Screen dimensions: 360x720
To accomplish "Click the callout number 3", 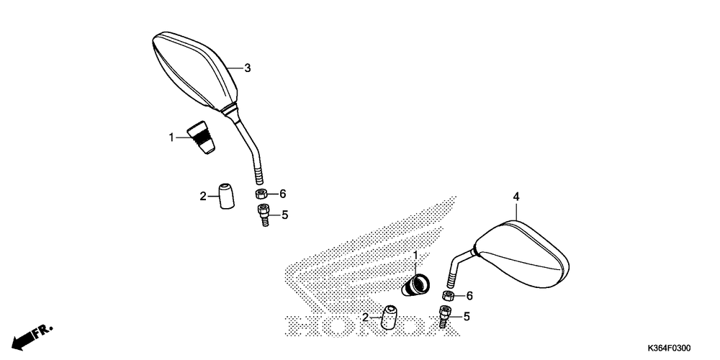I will pos(247,68).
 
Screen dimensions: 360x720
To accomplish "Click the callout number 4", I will pos(516,196).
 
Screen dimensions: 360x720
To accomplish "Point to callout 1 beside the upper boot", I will pos(172,137).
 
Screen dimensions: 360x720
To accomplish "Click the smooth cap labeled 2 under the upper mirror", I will pos(227,195).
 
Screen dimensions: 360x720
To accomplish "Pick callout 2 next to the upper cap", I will pos(204,195).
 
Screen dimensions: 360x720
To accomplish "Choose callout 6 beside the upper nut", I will pos(283,194).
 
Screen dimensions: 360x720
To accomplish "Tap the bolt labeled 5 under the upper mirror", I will pos(263,215).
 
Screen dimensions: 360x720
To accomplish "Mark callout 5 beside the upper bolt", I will pos(284,215).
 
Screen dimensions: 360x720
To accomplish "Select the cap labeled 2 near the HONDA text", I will pos(391,318).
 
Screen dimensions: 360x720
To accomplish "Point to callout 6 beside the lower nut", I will pos(469,296).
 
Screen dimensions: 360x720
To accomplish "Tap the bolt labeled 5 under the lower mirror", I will pos(444,317).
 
